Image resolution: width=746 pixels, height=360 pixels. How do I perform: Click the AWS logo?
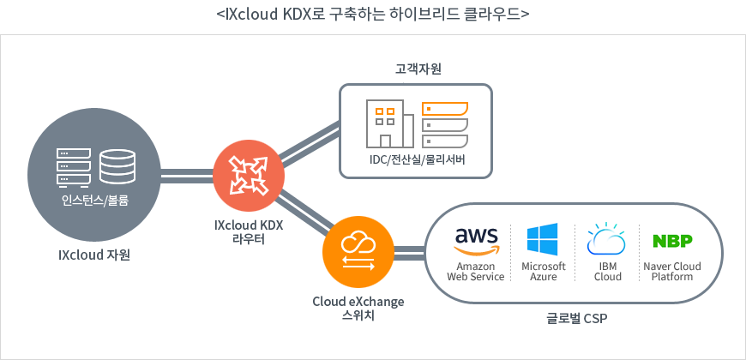(x=476, y=241)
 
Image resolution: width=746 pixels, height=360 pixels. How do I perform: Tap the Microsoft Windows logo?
(x=543, y=240)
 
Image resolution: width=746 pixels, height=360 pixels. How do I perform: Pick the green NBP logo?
(x=672, y=241)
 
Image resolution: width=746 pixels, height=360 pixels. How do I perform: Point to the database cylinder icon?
(x=117, y=166)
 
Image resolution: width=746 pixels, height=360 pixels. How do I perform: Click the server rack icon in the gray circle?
(x=74, y=166)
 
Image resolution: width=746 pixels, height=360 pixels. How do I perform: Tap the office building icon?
(x=389, y=123)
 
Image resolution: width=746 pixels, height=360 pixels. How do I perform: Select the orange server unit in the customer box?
(x=445, y=108)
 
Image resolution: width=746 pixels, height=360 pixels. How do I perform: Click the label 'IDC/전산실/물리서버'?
(x=416, y=160)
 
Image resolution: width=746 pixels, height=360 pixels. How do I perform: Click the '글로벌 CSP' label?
(x=576, y=318)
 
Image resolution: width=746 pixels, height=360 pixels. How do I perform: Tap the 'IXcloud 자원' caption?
(x=94, y=255)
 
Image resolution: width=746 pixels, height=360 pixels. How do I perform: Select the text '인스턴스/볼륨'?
(x=95, y=201)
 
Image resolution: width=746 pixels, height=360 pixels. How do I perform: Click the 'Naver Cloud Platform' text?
(x=672, y=271)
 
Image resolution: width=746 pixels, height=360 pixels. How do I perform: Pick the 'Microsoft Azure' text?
(x=544, y=271)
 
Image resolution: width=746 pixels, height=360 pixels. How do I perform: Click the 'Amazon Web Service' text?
(x=476, y=271)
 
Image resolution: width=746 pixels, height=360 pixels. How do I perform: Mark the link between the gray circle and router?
(x=188, y=176)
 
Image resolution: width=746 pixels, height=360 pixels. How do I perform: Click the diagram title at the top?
(x=373, y=15)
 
